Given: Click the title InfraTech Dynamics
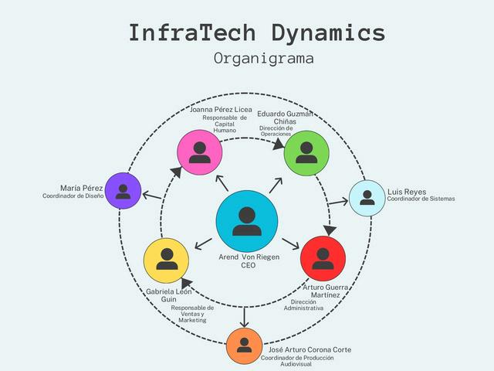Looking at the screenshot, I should [256, 33].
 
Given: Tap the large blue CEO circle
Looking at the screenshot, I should [246, 220].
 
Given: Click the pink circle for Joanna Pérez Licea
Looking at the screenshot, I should [200, 151].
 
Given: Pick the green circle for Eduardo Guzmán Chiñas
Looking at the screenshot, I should [306, 151].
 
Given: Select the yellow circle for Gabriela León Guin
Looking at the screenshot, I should [167, 260].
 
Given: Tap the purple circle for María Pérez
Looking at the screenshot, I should [123, 191].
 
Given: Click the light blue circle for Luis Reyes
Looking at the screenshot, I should [367, 197].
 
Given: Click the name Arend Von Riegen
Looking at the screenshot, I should [249, 257].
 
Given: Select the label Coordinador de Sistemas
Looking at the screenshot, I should [421, 199].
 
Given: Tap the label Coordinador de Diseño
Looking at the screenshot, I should [73, 196].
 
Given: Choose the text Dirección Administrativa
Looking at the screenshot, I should [303, 305].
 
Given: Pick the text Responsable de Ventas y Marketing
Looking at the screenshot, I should [192, 314].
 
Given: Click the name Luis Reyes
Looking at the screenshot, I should [407, 191].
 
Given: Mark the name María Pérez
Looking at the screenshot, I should [82, 188].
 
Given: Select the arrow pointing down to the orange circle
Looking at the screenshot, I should [245, 316].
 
